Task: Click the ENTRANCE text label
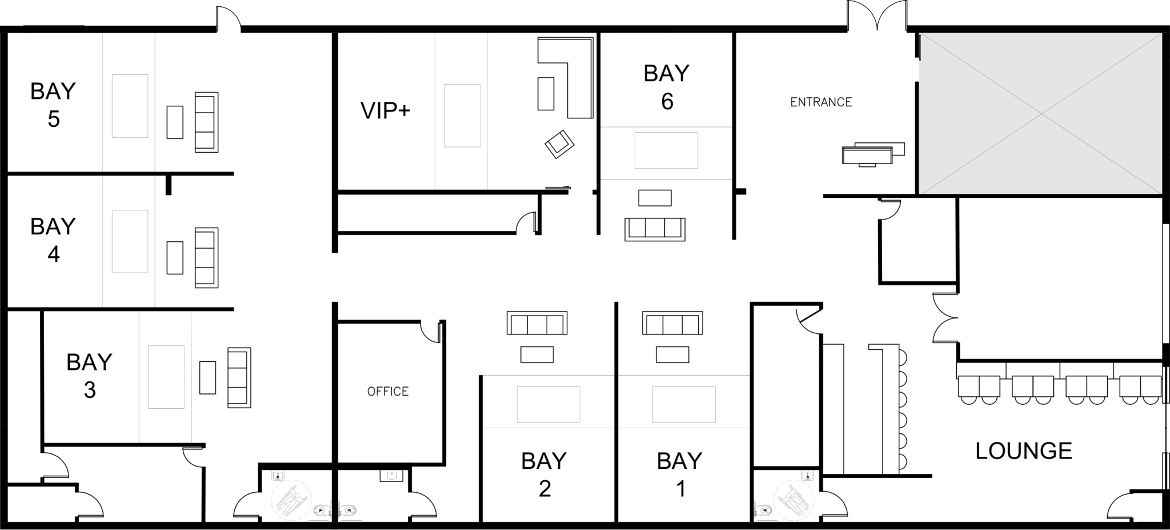[x=821, y=102]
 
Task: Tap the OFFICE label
[x=388, y=392]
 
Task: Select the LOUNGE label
[x=1024, y=451]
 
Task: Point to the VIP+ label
[x=386, y=111]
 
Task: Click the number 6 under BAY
[x=667, y=102]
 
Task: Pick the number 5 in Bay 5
[x=54, y=119]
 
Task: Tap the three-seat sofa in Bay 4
[x=206, y=257]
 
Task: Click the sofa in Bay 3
[x=239, y=377]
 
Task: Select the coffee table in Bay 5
[x=175, y=122]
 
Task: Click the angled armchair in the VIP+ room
[x=559, y=144]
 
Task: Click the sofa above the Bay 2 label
[x=537, y=323]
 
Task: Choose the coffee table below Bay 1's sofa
[x=672, y=354]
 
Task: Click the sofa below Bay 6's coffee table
[x=655, y=229]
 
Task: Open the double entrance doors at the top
[x=877, y=15]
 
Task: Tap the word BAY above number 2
[x=544, y=461]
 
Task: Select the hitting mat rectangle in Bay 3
[x=166, y=377]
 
